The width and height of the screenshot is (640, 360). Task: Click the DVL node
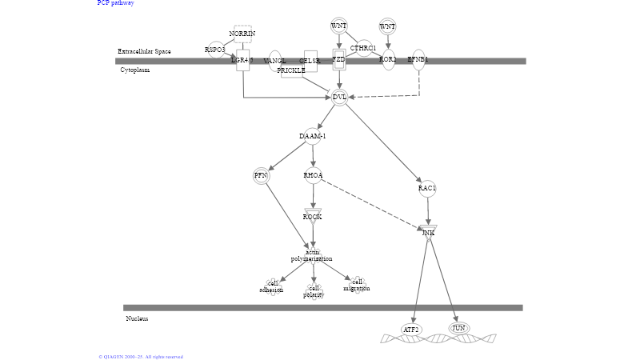click(339, 97)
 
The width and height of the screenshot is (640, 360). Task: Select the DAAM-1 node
click(313, 136)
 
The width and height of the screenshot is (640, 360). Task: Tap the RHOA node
click(313, 175)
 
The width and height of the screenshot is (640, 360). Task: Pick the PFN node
click(261, 176)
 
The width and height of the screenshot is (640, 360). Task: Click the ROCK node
click(313, 216)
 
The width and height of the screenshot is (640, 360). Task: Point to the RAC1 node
click(427, 189)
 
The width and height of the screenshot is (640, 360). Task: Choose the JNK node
click(429, 232)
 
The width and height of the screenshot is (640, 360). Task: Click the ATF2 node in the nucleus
click(411, 330)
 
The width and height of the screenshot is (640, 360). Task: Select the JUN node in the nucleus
click(458, 328)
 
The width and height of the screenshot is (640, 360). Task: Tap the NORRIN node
click(242, 34)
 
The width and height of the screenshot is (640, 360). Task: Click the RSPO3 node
click(215, 50)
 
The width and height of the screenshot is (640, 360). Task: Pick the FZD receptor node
click(339, 59)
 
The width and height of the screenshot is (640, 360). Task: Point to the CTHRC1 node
click(363, 49)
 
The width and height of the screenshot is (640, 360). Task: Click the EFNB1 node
click(418, 59)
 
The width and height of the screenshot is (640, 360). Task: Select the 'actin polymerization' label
click(312, 256)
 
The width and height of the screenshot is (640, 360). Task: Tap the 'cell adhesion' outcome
click(271, 286)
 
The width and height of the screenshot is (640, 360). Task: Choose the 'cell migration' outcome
click(357, 285)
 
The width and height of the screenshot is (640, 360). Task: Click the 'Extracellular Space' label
click(144, 51)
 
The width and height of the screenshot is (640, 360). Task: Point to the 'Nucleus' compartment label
click(137, 318)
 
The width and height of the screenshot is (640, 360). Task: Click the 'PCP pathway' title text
click(116, 3)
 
